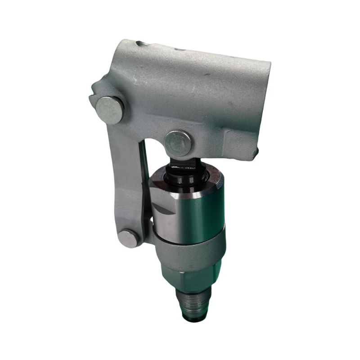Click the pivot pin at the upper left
110,110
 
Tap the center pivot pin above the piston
178,143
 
